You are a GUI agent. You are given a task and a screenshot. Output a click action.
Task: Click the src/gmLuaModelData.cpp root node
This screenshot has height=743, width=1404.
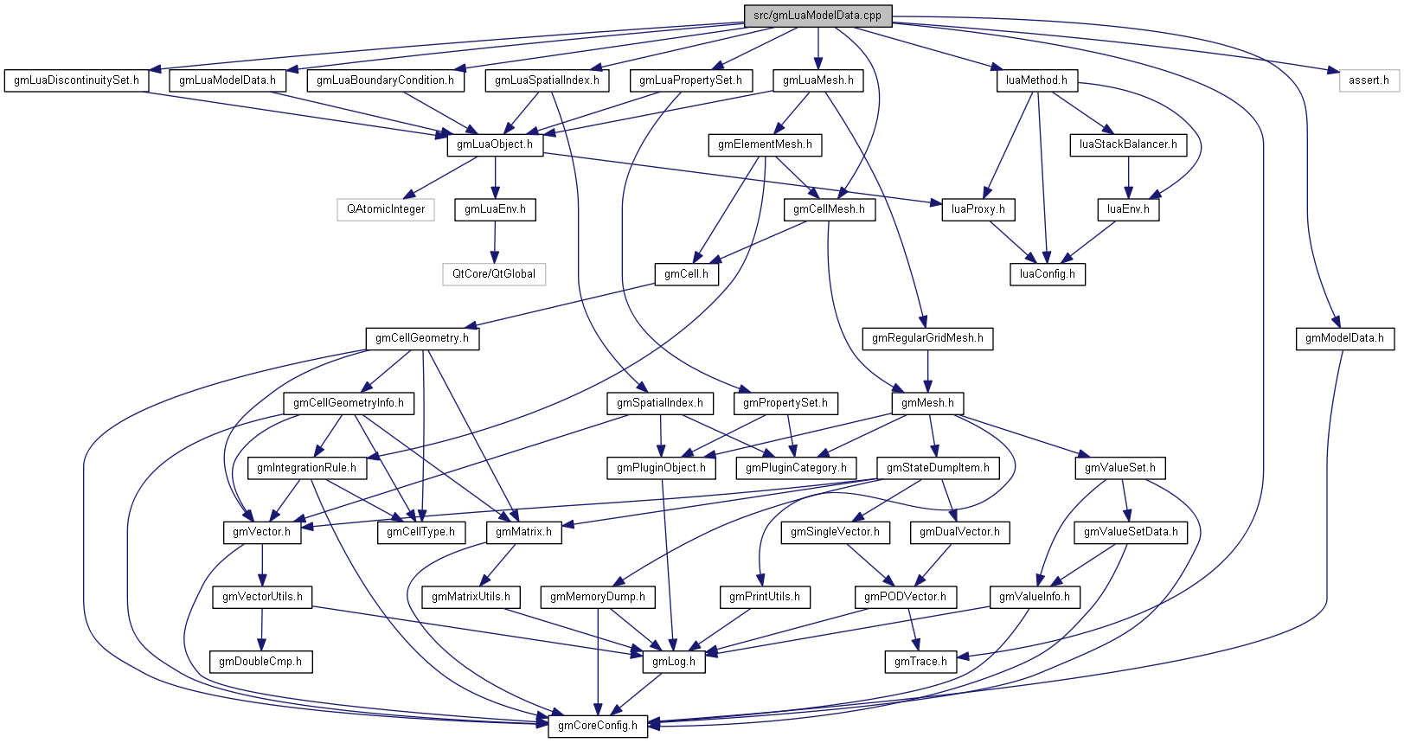tap(817, 16)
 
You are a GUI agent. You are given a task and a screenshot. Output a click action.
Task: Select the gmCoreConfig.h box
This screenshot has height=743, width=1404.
tap(597, 725)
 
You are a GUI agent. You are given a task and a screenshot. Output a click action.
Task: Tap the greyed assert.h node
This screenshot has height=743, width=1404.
tap(1369, 80)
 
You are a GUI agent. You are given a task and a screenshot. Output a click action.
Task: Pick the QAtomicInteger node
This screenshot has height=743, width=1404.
tap(386, 209)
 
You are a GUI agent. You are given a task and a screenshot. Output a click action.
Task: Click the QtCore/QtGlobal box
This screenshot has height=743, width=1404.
tap(494, 274)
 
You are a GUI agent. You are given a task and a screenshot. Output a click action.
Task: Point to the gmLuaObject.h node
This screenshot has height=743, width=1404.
tap(495, 144)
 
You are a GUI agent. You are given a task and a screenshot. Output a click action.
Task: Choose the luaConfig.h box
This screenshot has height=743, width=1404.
tap(1047, 274)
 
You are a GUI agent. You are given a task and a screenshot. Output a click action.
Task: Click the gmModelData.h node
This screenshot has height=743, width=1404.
tap(1343, 338)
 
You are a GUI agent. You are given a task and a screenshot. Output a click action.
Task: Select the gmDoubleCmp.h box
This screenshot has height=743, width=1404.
tap(260, 662)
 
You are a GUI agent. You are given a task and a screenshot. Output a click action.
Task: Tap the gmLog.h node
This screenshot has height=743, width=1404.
tap(674, 662)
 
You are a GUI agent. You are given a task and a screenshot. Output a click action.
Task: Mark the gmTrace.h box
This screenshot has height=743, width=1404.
tap(920, 662)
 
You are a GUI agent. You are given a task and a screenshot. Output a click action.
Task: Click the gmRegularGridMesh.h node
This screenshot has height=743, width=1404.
tap(927, 338)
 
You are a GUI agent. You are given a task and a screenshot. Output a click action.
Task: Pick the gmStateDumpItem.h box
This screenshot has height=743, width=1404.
tap(939, 468)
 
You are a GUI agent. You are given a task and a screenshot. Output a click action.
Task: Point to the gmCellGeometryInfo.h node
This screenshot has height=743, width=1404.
tap(349, 403)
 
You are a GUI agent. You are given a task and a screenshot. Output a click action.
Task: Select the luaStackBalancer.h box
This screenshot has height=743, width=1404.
tap(1128, 144)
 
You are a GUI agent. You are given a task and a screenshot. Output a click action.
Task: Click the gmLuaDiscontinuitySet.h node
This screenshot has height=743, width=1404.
tap(76, 80)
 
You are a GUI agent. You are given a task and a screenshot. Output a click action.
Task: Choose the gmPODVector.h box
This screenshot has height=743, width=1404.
tap(905, 597)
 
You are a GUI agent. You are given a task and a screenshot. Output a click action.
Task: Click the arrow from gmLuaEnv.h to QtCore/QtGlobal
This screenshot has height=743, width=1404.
tap(495, 242)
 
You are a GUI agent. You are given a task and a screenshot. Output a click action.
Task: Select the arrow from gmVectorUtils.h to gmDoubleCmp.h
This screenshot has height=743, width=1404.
tap(262, 630)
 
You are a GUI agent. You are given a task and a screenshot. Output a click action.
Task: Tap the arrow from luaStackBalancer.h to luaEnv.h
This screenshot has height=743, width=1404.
tap(1128, 177)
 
